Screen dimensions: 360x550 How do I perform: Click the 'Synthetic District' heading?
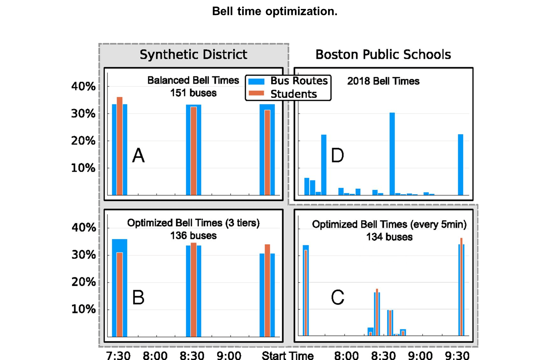click(193, 54)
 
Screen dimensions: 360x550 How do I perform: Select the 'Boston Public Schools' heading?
click(383, 54)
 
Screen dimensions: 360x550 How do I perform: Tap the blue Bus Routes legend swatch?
click(256, 81)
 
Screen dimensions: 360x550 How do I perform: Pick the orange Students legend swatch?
click(256, 94)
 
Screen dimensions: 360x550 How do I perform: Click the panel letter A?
click(138, 155)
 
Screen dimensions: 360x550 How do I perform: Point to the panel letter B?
click(138, 297)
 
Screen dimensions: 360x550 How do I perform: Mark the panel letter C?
click(337, 297)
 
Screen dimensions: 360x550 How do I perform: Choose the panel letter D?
click(337, 155)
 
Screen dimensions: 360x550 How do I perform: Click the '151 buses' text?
click(193, 93)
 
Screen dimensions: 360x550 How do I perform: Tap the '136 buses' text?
click(193, 236)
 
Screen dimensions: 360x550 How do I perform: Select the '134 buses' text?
click(389, 237)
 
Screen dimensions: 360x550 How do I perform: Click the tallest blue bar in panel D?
click(392, 154)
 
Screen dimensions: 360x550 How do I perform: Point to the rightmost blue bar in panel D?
click(460, 165)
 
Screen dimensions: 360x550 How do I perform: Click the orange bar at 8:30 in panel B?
click(193, 290)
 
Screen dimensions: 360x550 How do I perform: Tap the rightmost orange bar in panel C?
click(461, 287)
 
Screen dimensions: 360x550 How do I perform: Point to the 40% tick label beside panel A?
click(83, 86)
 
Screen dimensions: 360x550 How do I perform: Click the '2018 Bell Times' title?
click(383, 81)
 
